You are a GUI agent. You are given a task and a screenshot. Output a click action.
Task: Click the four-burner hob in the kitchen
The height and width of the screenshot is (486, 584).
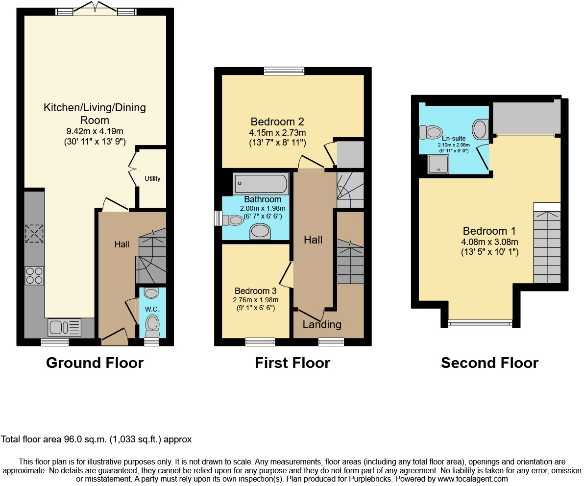[34, 275]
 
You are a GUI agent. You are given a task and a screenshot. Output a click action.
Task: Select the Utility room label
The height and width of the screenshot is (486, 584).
[152, 179]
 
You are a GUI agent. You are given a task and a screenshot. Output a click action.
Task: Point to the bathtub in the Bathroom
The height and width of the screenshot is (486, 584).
[260, 184]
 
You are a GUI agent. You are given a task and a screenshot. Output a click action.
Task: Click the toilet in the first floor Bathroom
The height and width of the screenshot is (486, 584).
[233, 220]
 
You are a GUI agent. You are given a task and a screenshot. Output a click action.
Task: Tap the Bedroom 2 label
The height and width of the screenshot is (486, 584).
[278, 121]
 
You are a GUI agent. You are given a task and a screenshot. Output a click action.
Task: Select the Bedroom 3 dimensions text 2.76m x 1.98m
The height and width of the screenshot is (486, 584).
[255, 300]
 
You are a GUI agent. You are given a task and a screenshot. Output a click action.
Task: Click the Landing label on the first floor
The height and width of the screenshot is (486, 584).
[322, 324]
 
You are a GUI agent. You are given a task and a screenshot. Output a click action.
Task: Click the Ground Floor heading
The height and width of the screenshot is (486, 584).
[95, 363]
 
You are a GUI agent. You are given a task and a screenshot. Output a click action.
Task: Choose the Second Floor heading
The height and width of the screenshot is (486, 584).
[489, 363]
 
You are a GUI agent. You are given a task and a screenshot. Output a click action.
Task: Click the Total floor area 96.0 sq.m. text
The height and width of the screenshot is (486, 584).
[97, 439]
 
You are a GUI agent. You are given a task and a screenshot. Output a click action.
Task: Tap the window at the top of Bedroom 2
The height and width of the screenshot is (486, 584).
[284, 71]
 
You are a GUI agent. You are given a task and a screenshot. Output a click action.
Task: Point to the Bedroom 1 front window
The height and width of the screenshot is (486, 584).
[480, 323]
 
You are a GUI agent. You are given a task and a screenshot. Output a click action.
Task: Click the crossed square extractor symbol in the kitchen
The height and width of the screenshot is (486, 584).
[34, 234]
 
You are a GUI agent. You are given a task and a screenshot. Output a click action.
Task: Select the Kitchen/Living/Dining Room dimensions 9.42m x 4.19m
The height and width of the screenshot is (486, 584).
[95, 131]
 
